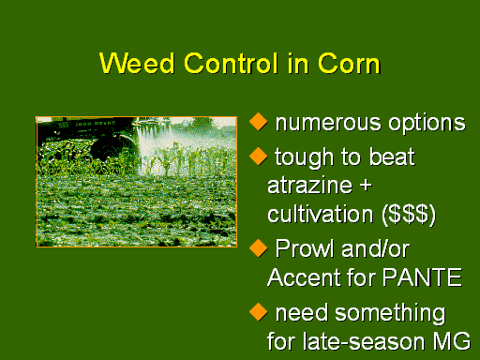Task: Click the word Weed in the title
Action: [x=137, y=63]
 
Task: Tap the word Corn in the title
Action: [x=349, y=63]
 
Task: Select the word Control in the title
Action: [x=231, y=63]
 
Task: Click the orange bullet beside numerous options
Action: [x=259, y=122]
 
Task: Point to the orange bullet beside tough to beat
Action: [x=259, y=156]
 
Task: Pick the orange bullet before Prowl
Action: [x=259, y=248]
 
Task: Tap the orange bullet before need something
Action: [x=259, y=312]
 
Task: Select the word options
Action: [x=427, y=123]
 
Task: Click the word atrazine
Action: [x=310, y=185]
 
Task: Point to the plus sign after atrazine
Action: [x=366, y=186]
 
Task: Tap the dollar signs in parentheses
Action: [x=409, y=215]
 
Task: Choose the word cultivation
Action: [x=321, y=214]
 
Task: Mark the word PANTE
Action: [x=422, y=277]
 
